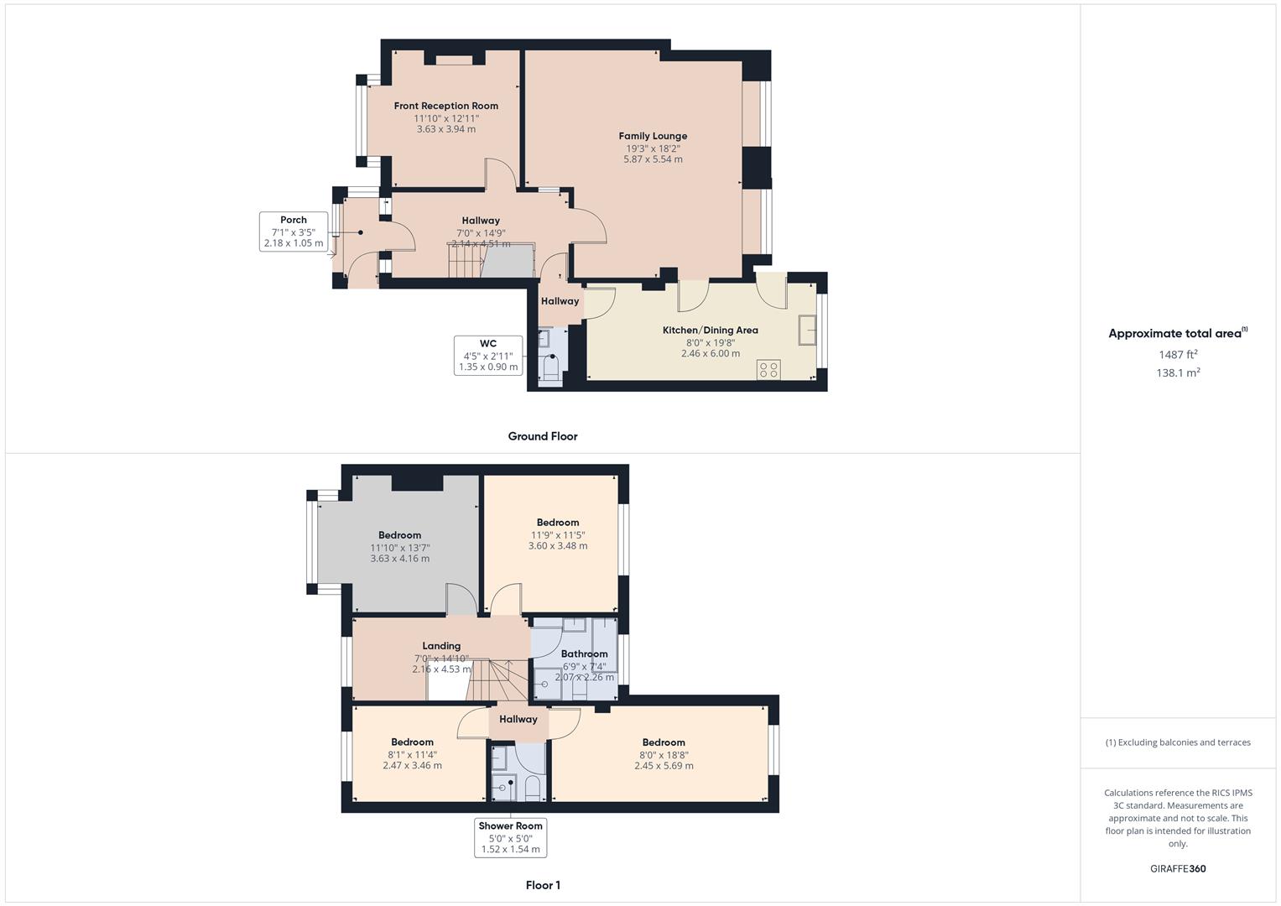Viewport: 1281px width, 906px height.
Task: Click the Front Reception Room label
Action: pyautogui.click(x=445, y=106)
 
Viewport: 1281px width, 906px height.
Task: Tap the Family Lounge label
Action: pyautogui.click(x=653, y=136)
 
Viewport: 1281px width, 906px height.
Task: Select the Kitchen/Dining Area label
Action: pyautogui.click(x=710, y=330)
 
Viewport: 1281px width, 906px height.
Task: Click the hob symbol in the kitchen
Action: pyautogui.click(x=768, y=369)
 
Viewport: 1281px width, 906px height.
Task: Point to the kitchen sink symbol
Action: pyautogui.click(x=808, y=330)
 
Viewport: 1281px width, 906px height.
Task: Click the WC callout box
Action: pyautogui.click(x=487, y=355)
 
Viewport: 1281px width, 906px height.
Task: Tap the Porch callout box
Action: pyautogui.click(x=293, y=232)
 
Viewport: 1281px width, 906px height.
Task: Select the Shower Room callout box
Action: pyautogui.click(x=510, y=837)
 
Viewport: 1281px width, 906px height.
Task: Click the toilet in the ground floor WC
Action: pyautogui.click(x=551, y=368)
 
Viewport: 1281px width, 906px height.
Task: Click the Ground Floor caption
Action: pyautogui.click(x=542, y=436)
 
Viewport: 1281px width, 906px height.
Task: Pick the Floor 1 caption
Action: pyautogui.click(x=542, y=885)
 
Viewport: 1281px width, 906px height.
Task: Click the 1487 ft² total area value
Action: pyautogui.click(x=1178, y=354)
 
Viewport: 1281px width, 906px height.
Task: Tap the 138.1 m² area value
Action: pyautogui.click(x=1178, y=373)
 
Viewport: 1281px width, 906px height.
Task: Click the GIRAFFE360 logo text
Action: pyautogui.click(x=1178, y=868)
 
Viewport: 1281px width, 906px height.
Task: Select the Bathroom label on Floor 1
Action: pyautogui.click(x=584, y=653)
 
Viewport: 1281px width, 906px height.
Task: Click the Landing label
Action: pyautogui.click(x=441, y=646)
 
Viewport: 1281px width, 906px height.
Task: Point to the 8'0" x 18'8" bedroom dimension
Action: pyautogui.click(x=664, y=754)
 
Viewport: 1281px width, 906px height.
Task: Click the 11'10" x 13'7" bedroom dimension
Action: pyautogui.click(x=399, y=548)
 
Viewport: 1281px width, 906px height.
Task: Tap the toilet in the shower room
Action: pyautogui.click(x=532, y=789)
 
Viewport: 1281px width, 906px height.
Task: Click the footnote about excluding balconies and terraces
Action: pyautogui.click(x=1178, y=742)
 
